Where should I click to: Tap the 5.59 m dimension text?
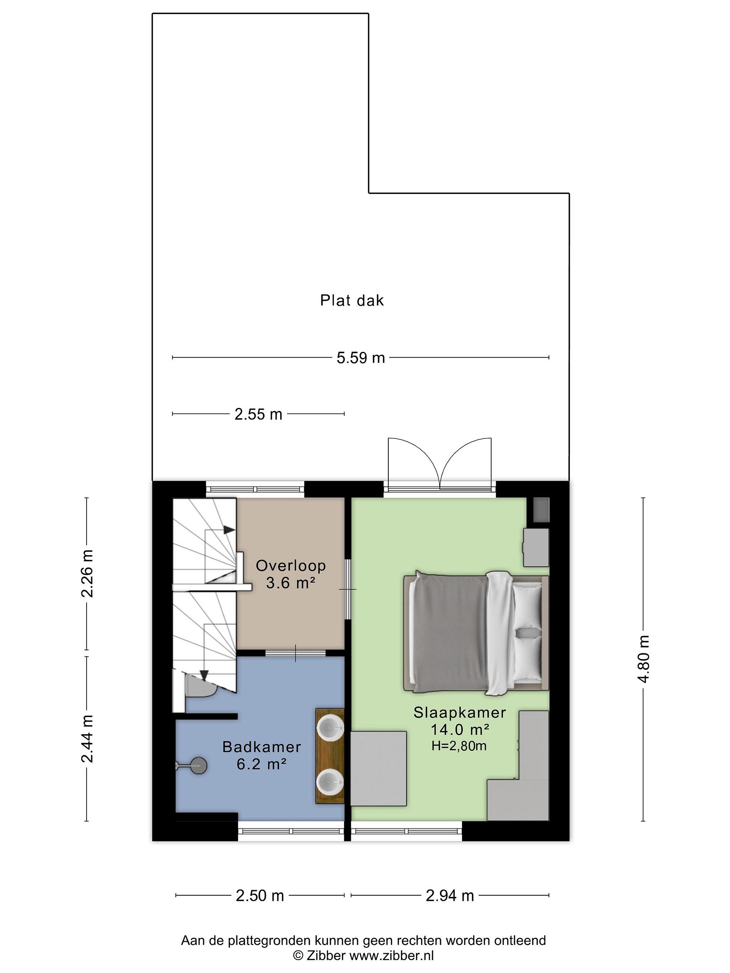click(361, 358)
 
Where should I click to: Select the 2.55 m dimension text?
click(258, 414)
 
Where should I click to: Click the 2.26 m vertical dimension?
click(87, 573)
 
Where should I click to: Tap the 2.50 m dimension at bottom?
click(260, 896)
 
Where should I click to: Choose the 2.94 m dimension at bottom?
click(450, 896)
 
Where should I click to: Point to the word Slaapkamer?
click(459, 713)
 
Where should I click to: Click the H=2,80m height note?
click(459, 746)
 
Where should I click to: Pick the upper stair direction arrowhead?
click(229, 530)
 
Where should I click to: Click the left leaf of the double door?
click(414, 462)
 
